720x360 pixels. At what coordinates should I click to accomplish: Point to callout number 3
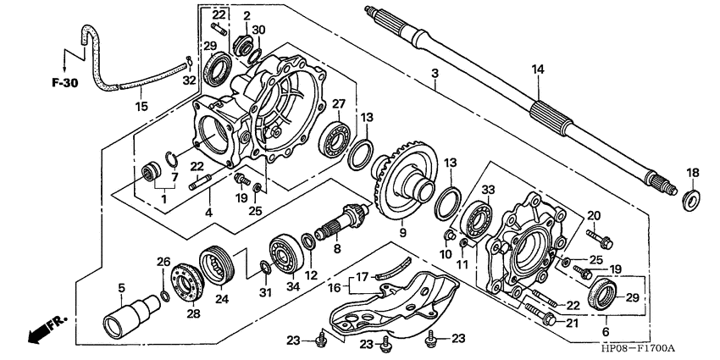(435, 74)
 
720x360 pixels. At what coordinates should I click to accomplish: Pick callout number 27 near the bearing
(337, 104)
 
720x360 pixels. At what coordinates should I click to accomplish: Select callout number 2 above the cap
(246, 16)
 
